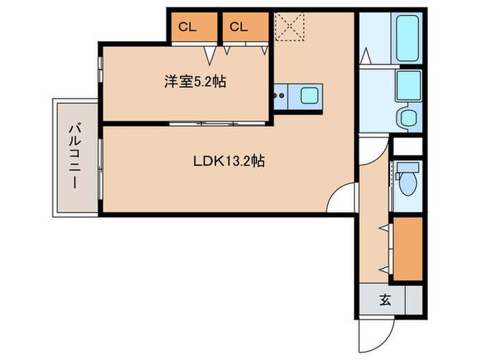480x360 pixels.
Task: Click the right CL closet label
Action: click(238, 27)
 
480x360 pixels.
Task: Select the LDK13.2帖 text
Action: click(228, 162)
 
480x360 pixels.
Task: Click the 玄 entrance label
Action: click(385, 300)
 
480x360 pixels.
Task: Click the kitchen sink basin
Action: click(309, 96)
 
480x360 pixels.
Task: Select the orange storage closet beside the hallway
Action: click(407, 249)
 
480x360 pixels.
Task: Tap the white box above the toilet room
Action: click(407, 146)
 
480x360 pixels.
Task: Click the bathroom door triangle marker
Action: click(366, 54)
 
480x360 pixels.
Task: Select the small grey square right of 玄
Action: click(413, 300)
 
